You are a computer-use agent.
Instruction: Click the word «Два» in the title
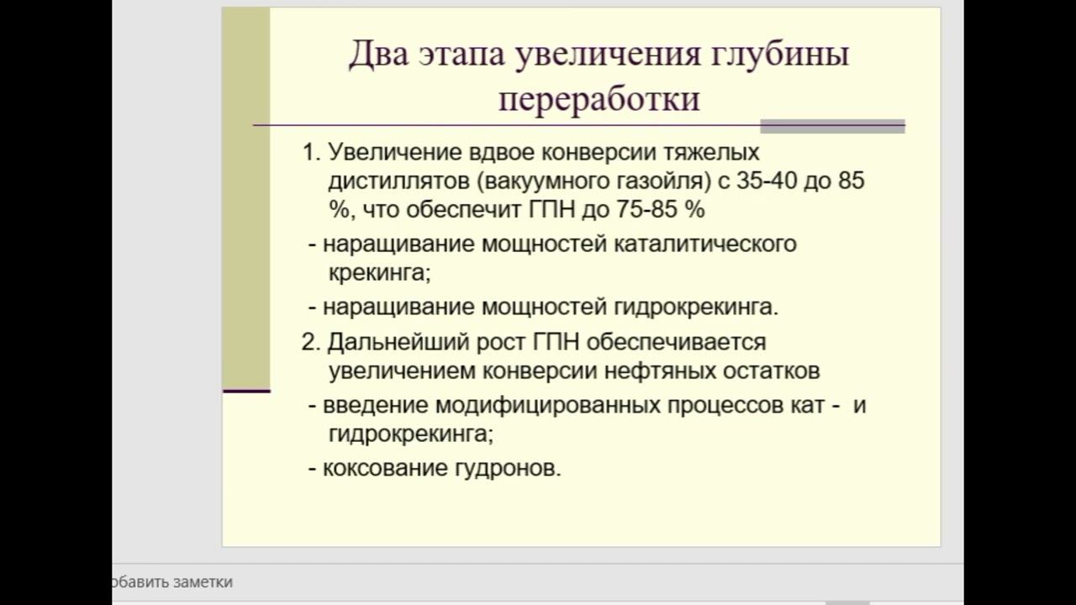pos(378,54)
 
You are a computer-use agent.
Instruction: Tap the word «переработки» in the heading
pos(599,99)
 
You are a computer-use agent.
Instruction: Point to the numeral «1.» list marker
pos(311,152)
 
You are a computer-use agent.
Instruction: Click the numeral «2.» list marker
pos(311,342)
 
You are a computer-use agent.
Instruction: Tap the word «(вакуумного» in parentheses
pos(543,181)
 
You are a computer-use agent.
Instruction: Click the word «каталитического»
pos(705,244)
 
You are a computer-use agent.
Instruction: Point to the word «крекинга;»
pos(379,273)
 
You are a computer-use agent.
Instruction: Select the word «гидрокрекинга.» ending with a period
pos(696,308)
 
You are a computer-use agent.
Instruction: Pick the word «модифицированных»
pos(547,406)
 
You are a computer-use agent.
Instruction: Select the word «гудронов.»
pos(508,469)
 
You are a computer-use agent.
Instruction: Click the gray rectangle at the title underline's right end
pos(832,126)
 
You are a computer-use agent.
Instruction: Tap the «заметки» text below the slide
pos(203,582)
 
